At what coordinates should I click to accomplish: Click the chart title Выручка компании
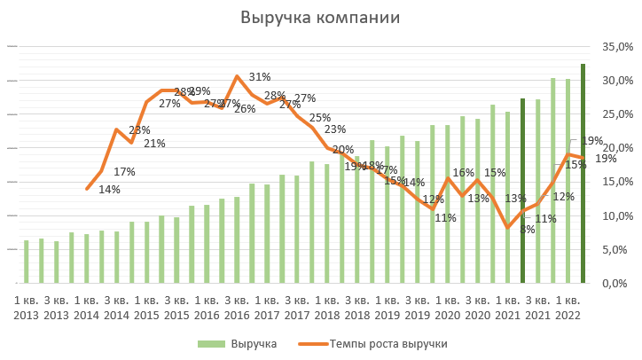point(320,18)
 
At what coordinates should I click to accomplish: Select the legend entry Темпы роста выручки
point(388,343)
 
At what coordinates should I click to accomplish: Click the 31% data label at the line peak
point(260,77)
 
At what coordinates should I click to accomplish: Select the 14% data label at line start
point(110,189)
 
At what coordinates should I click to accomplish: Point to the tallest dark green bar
point(583,173)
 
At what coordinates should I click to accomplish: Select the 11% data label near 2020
point(445,218)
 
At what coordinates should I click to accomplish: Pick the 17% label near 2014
point(124,172)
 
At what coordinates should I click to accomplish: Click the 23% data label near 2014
point(139,130)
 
